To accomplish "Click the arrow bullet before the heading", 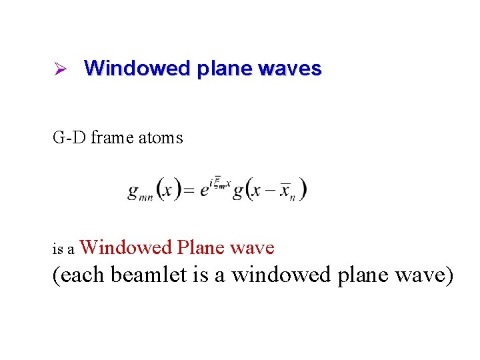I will tap(58, 69).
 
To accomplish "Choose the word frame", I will tap(111, 138).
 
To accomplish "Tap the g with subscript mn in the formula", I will tap(138, 191).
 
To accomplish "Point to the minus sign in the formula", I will tap(270, 191).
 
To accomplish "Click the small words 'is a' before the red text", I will tap(63, 250).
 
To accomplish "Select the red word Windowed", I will tap(126, 248).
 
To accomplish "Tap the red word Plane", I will tap(201, 248).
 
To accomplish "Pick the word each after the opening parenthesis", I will tap(84, 274).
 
